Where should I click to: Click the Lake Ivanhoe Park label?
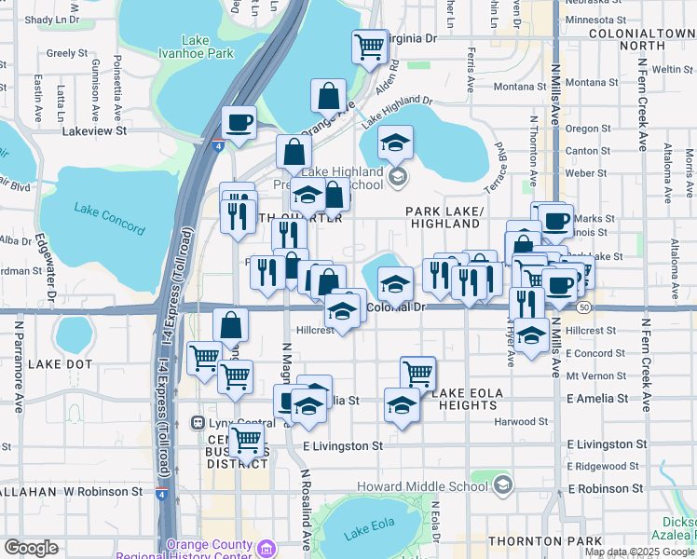coord(196,47)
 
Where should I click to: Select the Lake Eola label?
coord(369,534)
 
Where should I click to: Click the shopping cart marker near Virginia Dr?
coord(370,45)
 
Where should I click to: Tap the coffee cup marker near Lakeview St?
coord(239,122)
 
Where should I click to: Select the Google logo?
coord(31,548)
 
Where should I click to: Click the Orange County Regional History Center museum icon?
coord(266,547)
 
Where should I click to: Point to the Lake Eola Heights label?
coord(476,393)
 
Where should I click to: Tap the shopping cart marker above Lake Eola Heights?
coord(418,372)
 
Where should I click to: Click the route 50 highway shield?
coord(584,307)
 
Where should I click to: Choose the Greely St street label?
coord(66,53)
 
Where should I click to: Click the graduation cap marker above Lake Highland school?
coord(396,142)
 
